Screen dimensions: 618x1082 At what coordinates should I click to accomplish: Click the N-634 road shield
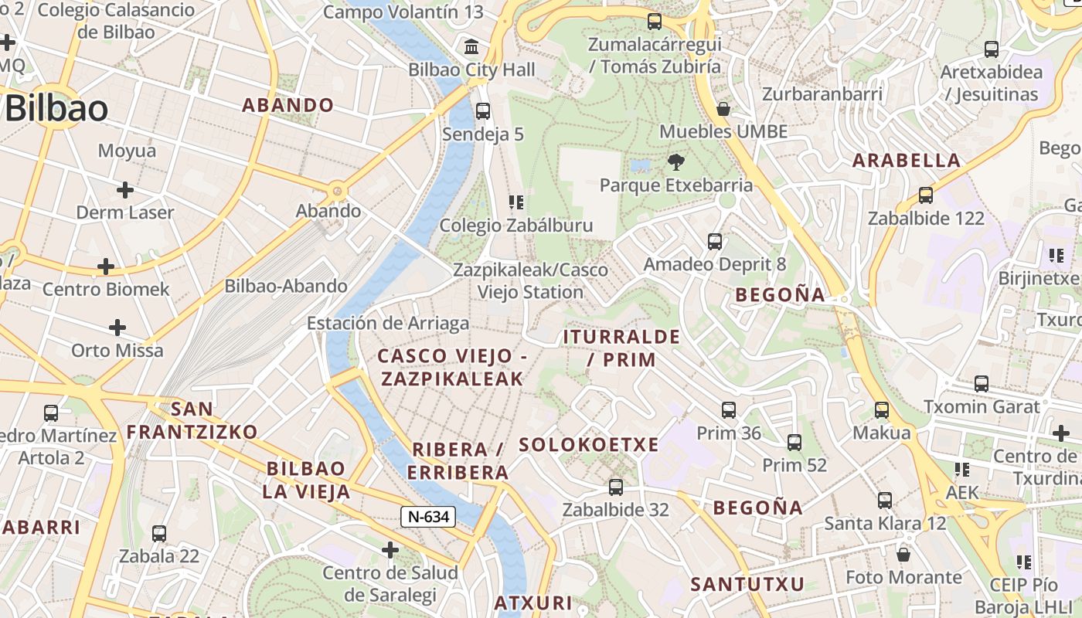pyautogui.click(x=427, y=517)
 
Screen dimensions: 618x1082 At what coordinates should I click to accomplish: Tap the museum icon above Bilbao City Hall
pyautogui.click(x=471, y=46)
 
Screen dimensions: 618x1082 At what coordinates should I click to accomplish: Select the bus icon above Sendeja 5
pyautogui.click(x=483, y=110)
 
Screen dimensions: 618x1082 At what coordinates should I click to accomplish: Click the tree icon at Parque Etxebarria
pyautogui.click(x=676, y=161)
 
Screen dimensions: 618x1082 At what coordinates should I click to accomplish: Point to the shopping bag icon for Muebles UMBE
pyautogui.click(x=723, y=109)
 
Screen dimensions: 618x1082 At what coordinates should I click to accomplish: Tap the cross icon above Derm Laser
pyautogui.click(x=125, y=189)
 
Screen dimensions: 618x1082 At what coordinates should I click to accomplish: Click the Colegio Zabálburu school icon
pyautogui.click(x=515, y=202)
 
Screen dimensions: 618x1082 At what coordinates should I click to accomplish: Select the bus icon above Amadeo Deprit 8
pyautogui.click(x=715, y=241)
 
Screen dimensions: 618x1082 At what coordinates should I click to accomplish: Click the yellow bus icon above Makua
pyautogui.click(x=882, y=409)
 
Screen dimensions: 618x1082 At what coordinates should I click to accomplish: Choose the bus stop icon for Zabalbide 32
pyautogui.click(x=615, y=487)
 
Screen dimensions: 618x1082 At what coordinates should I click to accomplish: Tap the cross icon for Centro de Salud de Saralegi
pyautogui.click(x=390, y=549)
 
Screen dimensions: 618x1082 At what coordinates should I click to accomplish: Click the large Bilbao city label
pyautogui.click(x=56, y=109)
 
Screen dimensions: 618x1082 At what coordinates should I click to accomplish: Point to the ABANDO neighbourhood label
pyautogui.click(x=288, y=105)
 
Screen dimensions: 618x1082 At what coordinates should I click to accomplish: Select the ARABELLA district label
pyautogui.click(x=907, y=161)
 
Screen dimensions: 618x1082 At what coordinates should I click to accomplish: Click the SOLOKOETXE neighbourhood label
pyautogui.click(x=589, y=444)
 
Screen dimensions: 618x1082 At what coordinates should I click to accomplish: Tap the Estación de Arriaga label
pyautogui.click(x=388, y=323)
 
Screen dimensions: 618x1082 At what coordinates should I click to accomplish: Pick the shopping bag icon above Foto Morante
pyautogui.click(x=903, y=554)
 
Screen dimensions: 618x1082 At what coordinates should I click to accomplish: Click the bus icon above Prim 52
pyautogui.click(x=794, y=442)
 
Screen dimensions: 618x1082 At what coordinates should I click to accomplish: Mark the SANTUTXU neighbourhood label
pyautogui.click(x=747, y=584)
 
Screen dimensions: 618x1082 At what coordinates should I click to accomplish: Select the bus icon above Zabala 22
pyautogui.click(x=159, y=533)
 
